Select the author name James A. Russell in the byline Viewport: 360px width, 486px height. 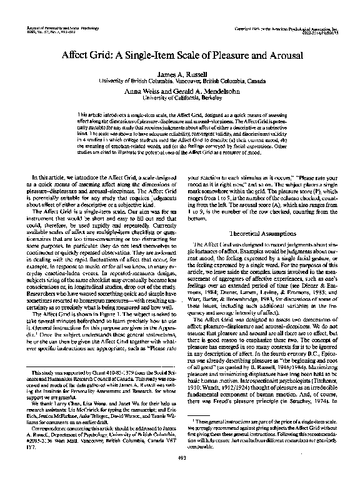point(180,74)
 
